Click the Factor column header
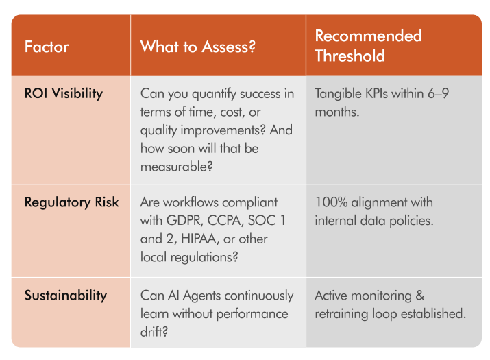47,47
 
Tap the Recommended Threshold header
368,45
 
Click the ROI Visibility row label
63,93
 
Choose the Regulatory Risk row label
71,202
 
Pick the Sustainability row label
66,296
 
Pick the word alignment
395,202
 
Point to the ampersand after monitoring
419,296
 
